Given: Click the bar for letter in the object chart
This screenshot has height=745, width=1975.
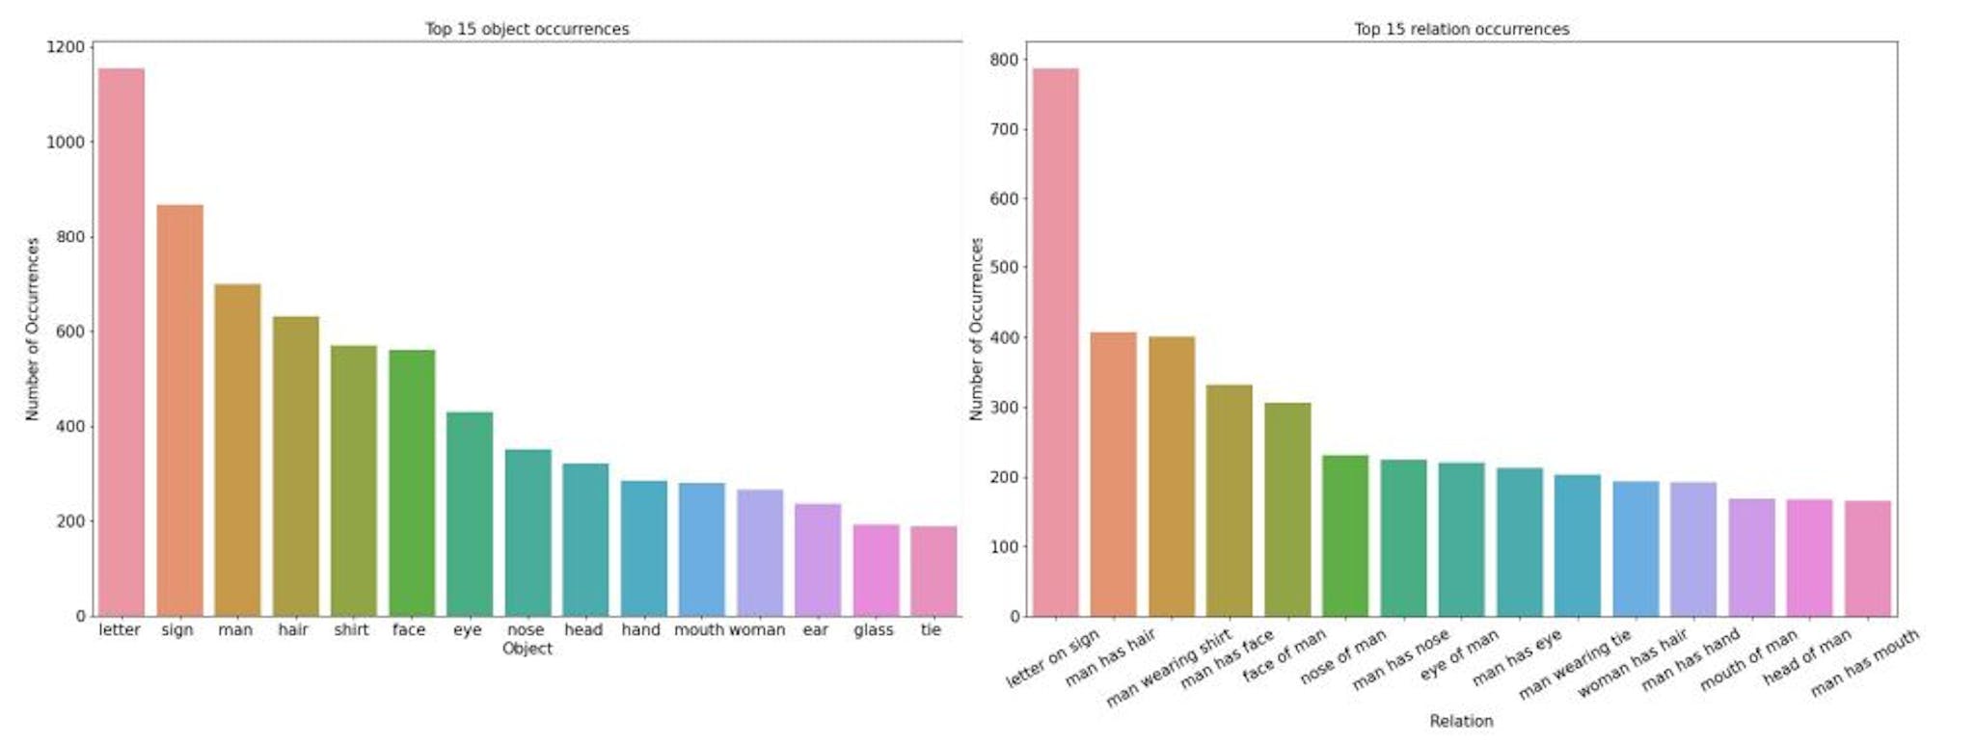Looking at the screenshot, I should pos(122,342).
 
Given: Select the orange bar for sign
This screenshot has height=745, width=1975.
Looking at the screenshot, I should pos(179,411).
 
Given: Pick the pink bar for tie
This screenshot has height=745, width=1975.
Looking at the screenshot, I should pos(933,572).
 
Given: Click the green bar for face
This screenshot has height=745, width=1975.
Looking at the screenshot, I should pos(412,483).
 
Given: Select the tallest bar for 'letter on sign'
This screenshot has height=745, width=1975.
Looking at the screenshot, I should pos(1055,342).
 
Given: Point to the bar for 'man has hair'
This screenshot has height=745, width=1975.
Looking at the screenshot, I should pos(1113,474).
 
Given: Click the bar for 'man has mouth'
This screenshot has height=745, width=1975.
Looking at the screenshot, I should pos(1867,559).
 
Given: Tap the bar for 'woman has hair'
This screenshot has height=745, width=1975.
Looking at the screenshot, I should pos(1636,549).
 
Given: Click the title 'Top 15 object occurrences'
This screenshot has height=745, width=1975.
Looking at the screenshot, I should pos(527,29).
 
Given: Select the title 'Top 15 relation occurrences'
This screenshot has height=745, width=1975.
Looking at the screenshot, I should pos(1461,29).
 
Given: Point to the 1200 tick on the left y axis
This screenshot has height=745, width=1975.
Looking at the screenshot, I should pos(66,46).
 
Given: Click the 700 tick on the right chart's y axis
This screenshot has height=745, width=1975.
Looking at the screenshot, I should pos(1003,129).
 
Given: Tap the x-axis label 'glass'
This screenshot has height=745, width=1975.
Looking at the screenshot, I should pos(873,629).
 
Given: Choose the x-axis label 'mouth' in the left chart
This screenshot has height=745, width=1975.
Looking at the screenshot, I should pos(699,629).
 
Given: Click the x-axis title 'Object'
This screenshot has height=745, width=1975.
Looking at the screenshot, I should pos(527,649).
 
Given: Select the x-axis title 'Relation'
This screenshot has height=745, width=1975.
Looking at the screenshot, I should pos(1461,721).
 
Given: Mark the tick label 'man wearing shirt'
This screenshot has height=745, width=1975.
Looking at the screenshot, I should pos(1169,669).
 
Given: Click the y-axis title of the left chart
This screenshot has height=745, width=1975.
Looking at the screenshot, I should pos(33,329).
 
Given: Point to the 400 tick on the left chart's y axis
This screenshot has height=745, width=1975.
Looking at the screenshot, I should pos(66,426).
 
